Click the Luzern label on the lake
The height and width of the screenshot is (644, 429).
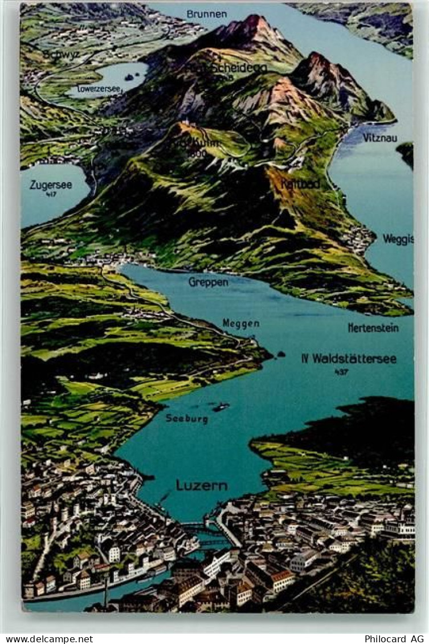coord(202,485)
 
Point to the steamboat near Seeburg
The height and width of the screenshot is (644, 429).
coord(220,407)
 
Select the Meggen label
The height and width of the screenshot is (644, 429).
coord(240,323)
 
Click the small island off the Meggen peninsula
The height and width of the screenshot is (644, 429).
coord(280,355)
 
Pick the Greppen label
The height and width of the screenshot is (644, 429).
coord(208,282)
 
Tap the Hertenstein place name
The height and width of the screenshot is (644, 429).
coord(373,327)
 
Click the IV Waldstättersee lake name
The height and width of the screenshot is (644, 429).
coord(349,359)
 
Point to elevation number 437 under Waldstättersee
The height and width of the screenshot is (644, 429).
coord(341,372)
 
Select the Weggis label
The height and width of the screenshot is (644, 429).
coord(398,239)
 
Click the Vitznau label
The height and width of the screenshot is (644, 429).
coord(379,138)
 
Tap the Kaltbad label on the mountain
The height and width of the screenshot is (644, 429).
coord(300,184)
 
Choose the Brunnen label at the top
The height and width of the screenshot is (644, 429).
coord(206,14)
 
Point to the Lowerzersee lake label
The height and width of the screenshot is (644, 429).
coord(99,89)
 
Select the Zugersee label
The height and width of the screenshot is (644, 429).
coord(51,185)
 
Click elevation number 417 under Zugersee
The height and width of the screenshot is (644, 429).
coord(51,195)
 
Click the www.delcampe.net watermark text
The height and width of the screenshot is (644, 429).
coord(47,639)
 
